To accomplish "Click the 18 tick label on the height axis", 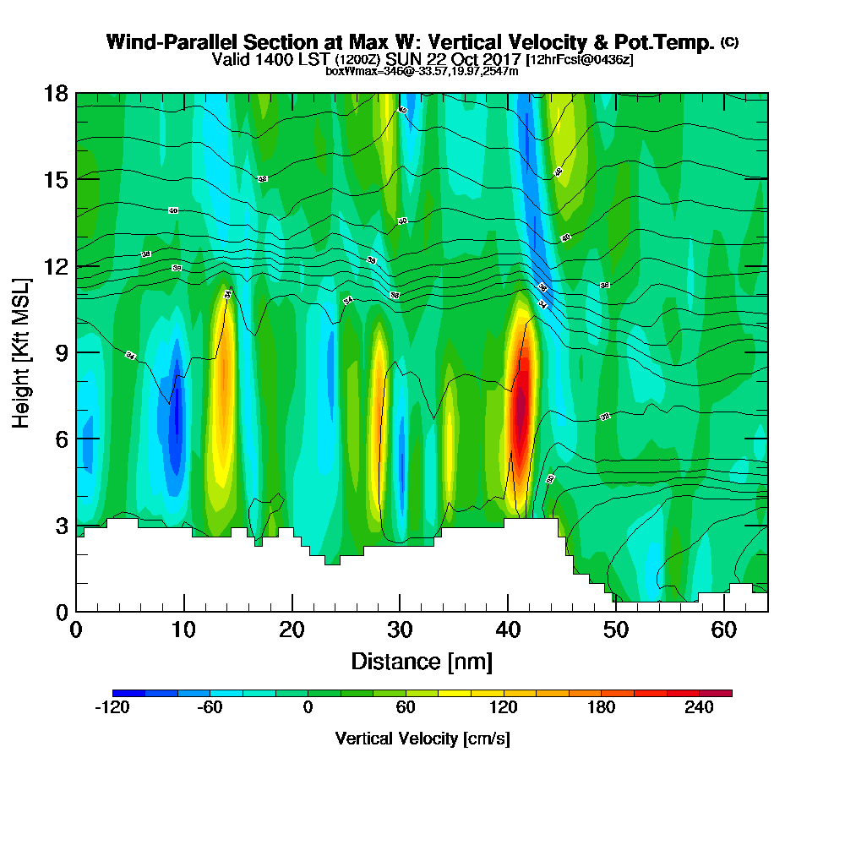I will coord(57,93).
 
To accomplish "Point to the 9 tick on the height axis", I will coord(57,352).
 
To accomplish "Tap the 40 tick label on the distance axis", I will coord(507,630).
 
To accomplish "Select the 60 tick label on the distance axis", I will coord(723,630).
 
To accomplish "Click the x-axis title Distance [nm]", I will coord(422,661).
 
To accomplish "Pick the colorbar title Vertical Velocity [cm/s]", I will coord(422,739).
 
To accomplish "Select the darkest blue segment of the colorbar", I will coord(128,693).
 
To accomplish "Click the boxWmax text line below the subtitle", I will coord(422,71).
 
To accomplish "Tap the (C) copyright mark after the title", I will coord(728,42).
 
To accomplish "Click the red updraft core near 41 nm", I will coord(523,406).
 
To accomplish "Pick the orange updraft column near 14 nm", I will coord(224,380).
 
